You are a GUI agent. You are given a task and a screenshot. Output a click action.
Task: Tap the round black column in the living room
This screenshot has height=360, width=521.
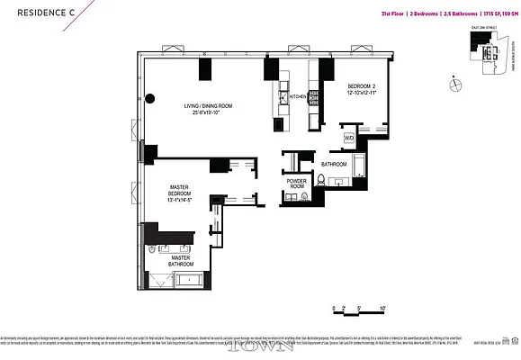pyautogui.click(x=151, y=100)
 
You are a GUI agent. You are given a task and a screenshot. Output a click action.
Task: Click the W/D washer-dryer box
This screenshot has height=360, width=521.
pyautogui.click(x=348, y=138)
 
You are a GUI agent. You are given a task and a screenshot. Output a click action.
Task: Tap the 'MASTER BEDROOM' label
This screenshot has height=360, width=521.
pyautogui.click(x=182, y=194)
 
